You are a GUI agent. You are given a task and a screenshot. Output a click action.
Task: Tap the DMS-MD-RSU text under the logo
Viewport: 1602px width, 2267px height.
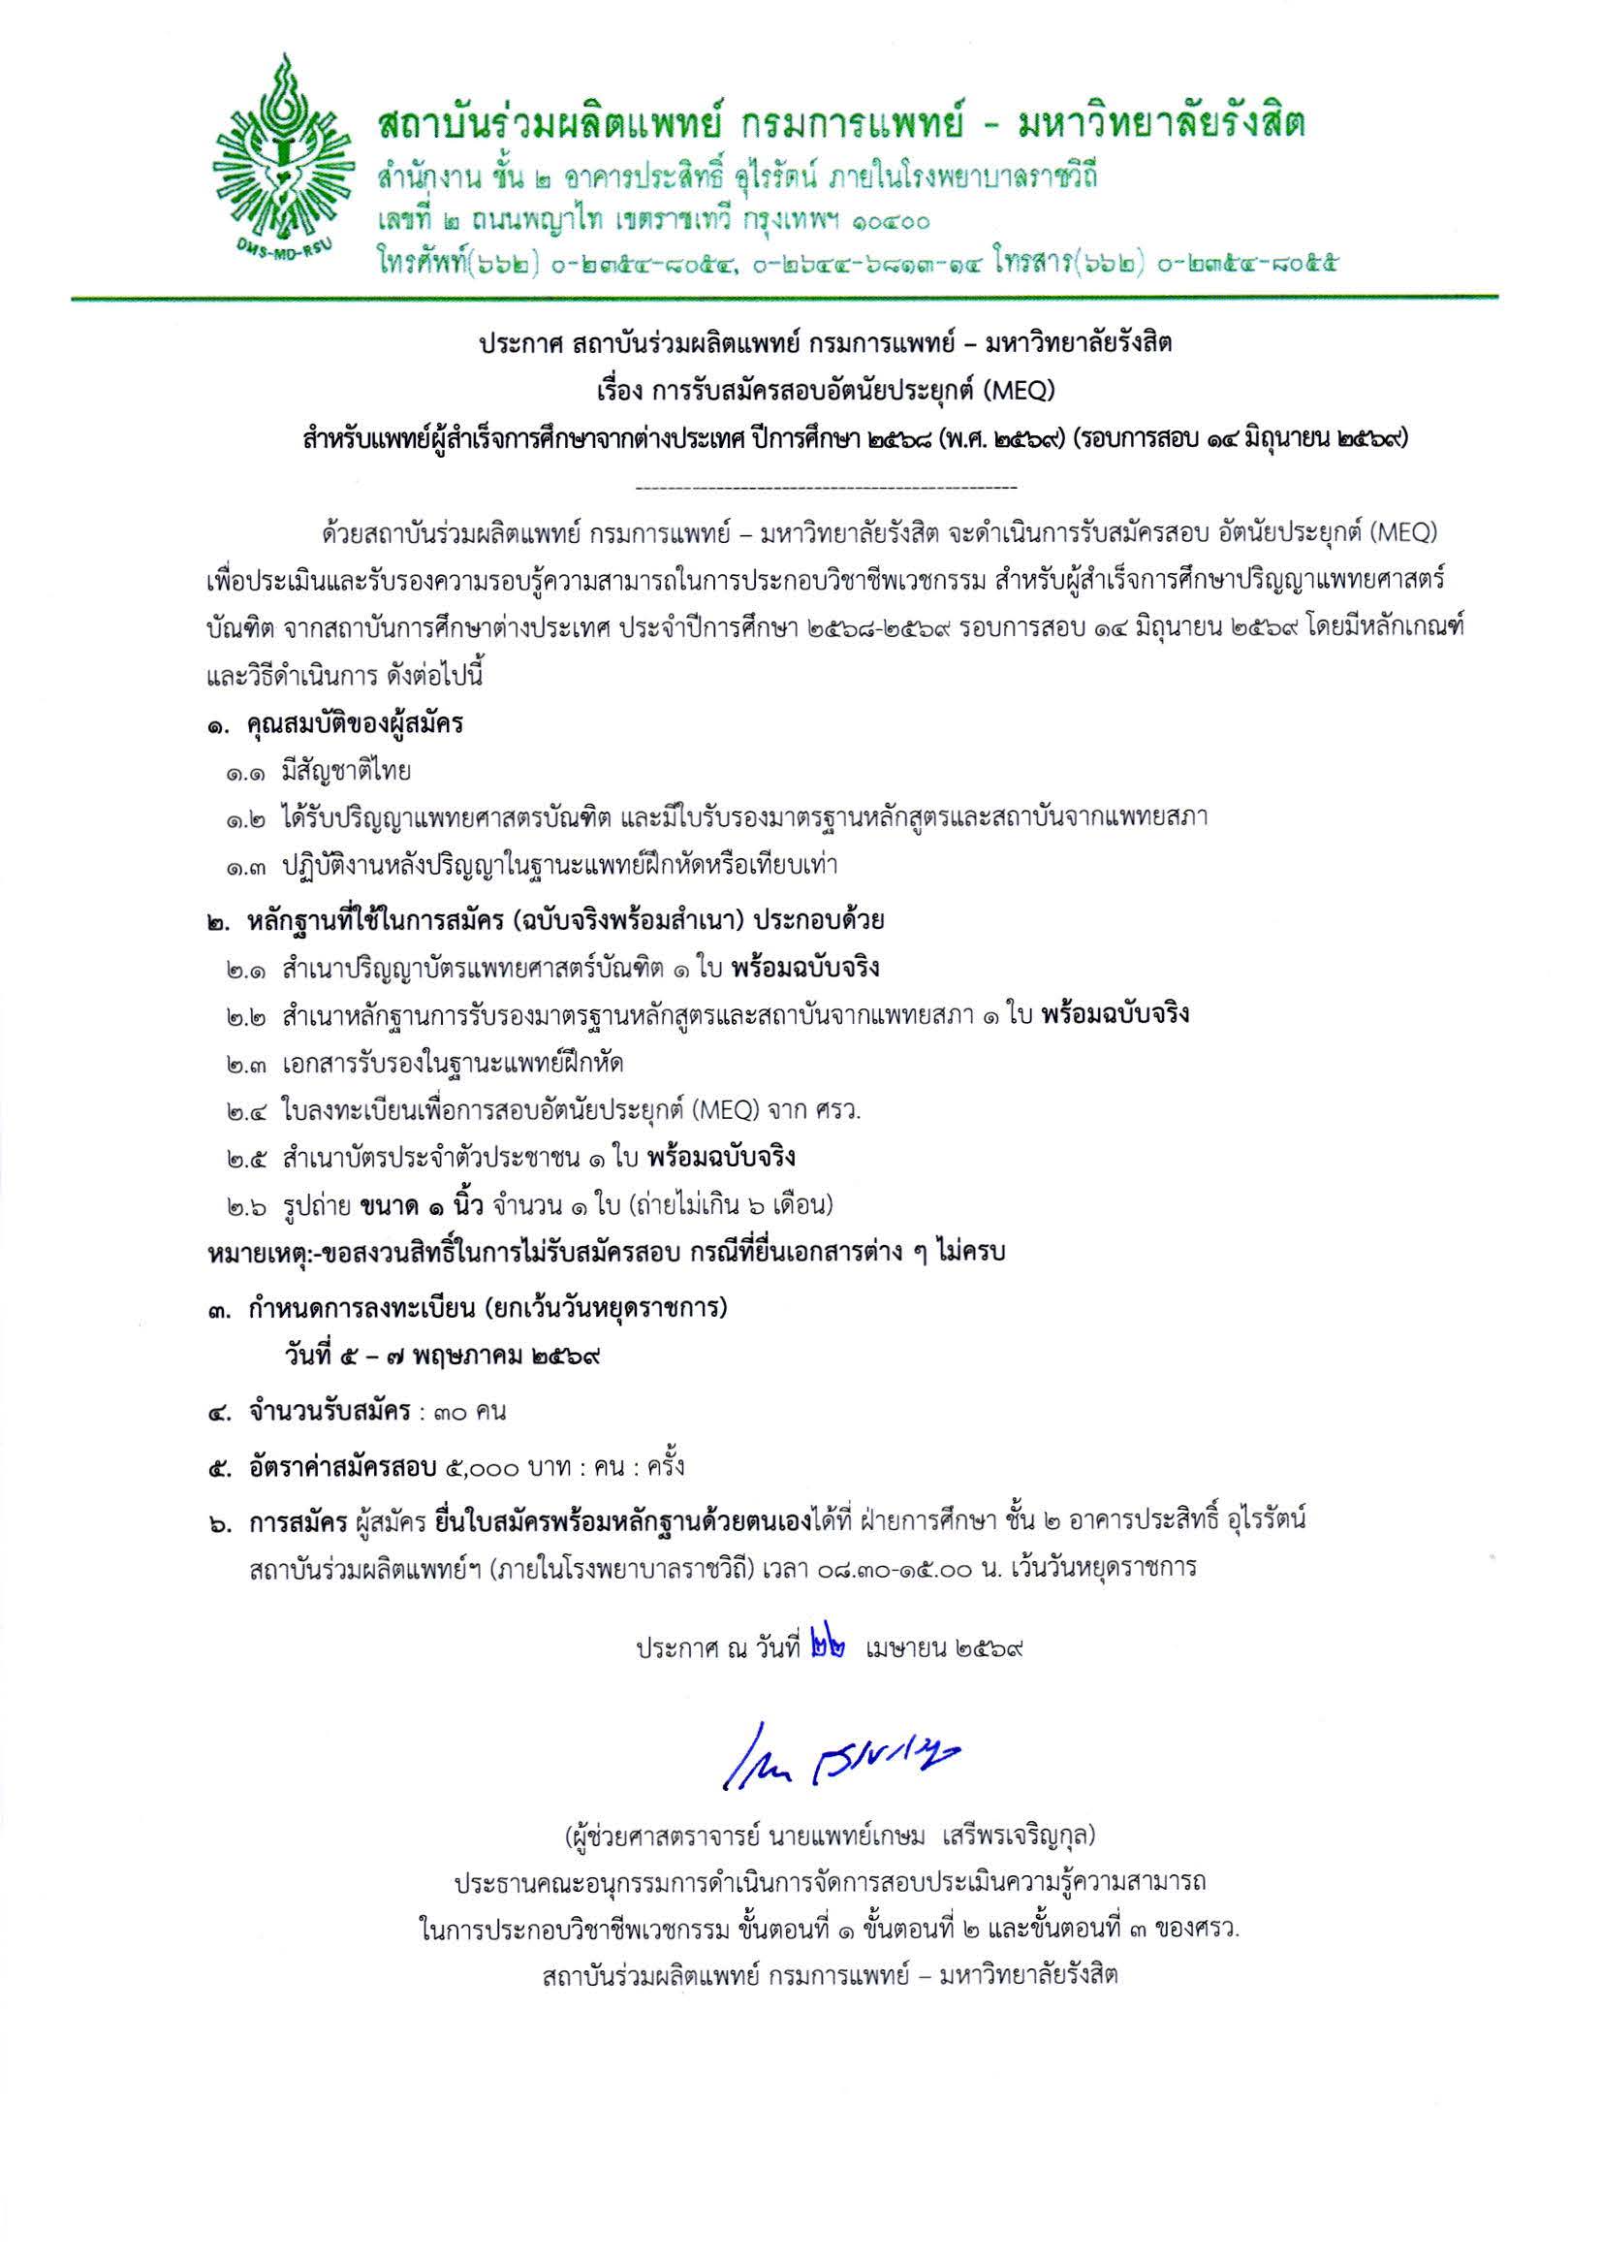click(281, 249)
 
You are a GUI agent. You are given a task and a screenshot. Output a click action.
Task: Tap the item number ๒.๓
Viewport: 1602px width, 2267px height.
click(246, 1064)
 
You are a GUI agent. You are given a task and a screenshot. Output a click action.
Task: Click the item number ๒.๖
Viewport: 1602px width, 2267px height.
click(246, 1205)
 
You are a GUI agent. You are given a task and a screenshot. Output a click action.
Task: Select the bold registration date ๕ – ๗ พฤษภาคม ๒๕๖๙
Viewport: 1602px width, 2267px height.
click(441, 1356)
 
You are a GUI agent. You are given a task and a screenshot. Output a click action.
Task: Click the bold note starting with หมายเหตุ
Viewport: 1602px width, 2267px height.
click(606, 1253)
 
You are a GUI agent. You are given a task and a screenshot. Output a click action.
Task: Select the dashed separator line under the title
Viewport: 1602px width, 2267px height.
click(827, 488)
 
